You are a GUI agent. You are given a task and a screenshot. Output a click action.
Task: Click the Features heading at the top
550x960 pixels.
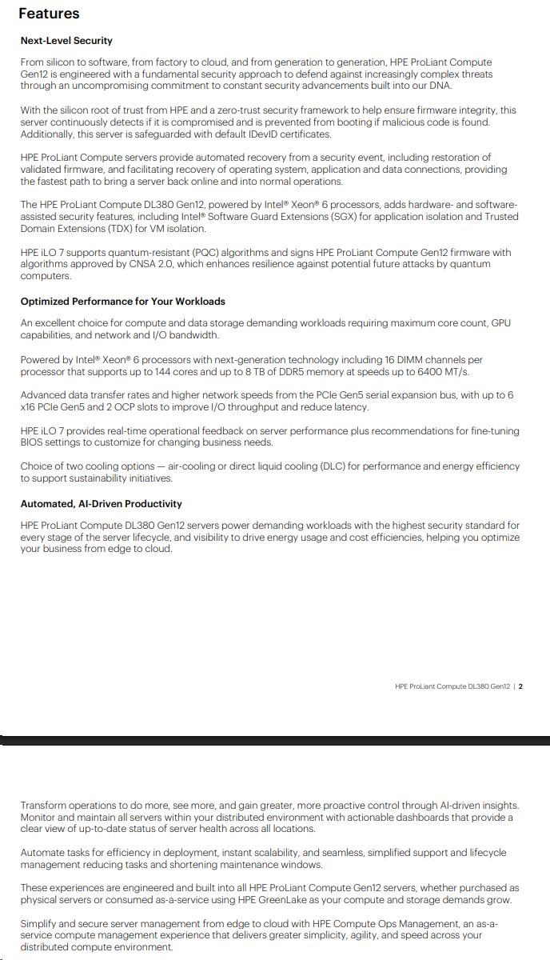[x=49, y=14]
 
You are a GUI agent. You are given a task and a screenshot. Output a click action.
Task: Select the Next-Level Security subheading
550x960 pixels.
[x=66, y=41]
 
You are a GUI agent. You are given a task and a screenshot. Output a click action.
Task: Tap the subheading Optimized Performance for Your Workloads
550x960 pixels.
[x=122, y=302]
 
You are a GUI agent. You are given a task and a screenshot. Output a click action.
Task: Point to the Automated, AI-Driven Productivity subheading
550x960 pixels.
[x=101, y=504]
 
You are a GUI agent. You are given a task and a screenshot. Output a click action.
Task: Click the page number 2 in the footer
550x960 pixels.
[x=520, y=686]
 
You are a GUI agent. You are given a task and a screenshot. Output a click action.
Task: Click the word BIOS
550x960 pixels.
[x=34, y=442]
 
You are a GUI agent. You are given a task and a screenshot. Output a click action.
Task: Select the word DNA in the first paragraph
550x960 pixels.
[x=440, y=86]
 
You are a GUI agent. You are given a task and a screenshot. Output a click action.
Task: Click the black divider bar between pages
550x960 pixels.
[x=275, y=741]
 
